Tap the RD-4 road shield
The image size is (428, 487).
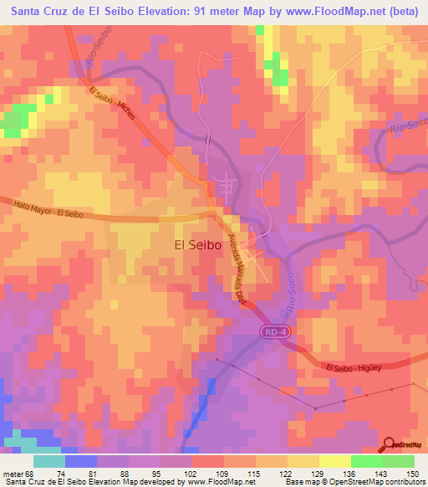click(x=269, y=332)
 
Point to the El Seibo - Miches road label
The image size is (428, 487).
click(x=112, y=104)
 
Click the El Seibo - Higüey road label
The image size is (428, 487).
click(x=354, y=368)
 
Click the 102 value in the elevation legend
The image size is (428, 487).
click(x=191, y=473)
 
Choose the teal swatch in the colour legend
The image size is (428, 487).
click(x=48, y=461)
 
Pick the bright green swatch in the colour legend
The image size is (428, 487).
click(x=366, y=461)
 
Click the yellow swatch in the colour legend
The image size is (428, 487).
click(x=334, y=461)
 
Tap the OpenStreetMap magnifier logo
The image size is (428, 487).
click(x=389, y=444)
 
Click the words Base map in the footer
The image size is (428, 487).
click(x=301, y=482)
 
